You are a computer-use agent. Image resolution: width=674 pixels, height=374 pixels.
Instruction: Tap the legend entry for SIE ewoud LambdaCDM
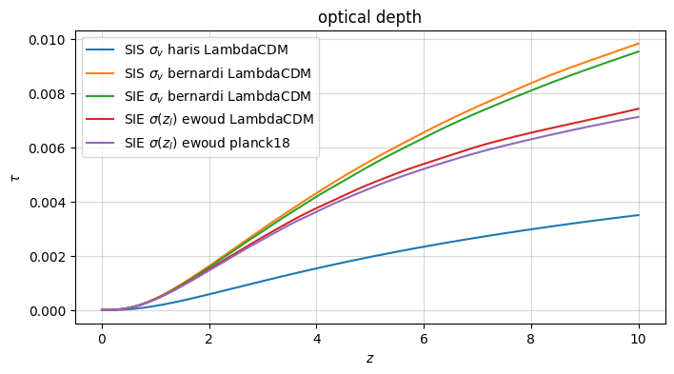coord(220,119)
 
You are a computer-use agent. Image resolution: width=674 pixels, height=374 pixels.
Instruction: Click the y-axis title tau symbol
coord(13,176)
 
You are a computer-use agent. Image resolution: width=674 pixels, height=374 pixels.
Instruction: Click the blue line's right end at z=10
coord(639,215)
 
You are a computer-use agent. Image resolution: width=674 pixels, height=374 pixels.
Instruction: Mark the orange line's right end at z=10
coord(639,43)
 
